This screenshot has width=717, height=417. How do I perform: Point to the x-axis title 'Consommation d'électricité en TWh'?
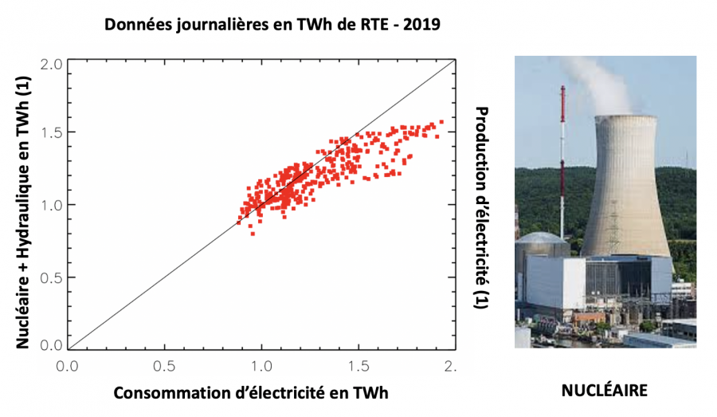pyautogui.click(x=252, y=393)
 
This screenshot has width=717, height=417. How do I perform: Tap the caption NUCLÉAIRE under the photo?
pyautogui.click(x=605, y=391)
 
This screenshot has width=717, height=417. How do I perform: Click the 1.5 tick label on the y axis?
pyautogui.click(x=52, y=132)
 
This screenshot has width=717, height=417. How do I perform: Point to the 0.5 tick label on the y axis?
pyautogui.click(x=52, y=277)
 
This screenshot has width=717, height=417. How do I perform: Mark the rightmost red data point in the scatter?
pyautogui.click(x=441, y=122)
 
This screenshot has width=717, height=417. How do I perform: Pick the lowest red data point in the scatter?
pyautogui.click(x=252, y=233)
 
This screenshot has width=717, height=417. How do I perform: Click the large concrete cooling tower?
pyautogui.click(x=625, y=191)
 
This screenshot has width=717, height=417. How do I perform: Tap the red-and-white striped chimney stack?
pyautogui.click(x=563, y=159)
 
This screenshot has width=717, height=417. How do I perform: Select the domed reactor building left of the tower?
pyautogui.click(x=532, y=244)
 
